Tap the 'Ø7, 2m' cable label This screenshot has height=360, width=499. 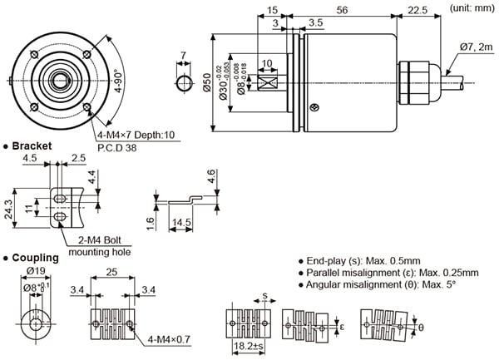click(x=476, y=47)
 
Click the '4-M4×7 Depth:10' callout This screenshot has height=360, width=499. click(x=136, y=136)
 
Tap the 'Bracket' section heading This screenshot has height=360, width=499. click(x=32, y=146)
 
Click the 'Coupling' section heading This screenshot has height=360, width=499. click(x=33, y=258)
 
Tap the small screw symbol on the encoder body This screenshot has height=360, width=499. click(x=314, y=106)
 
